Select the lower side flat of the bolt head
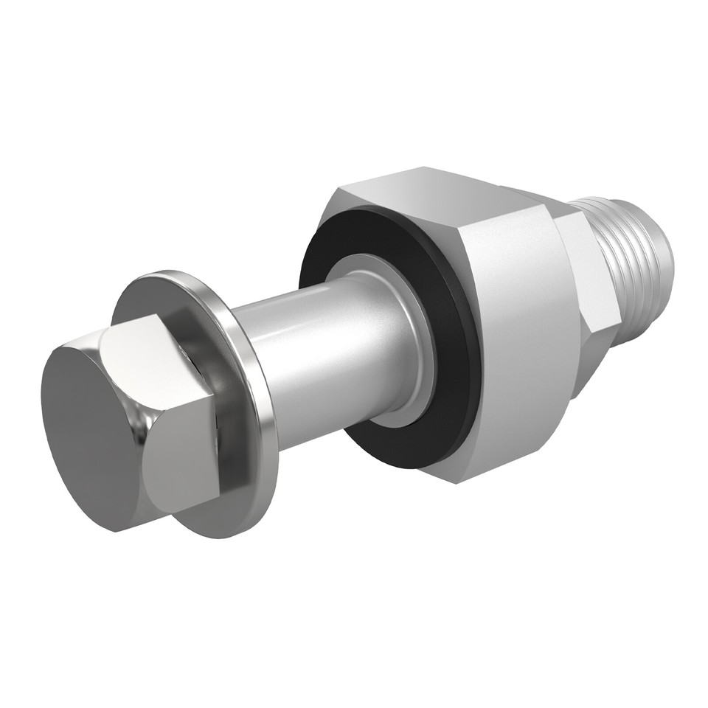[181, 465]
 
